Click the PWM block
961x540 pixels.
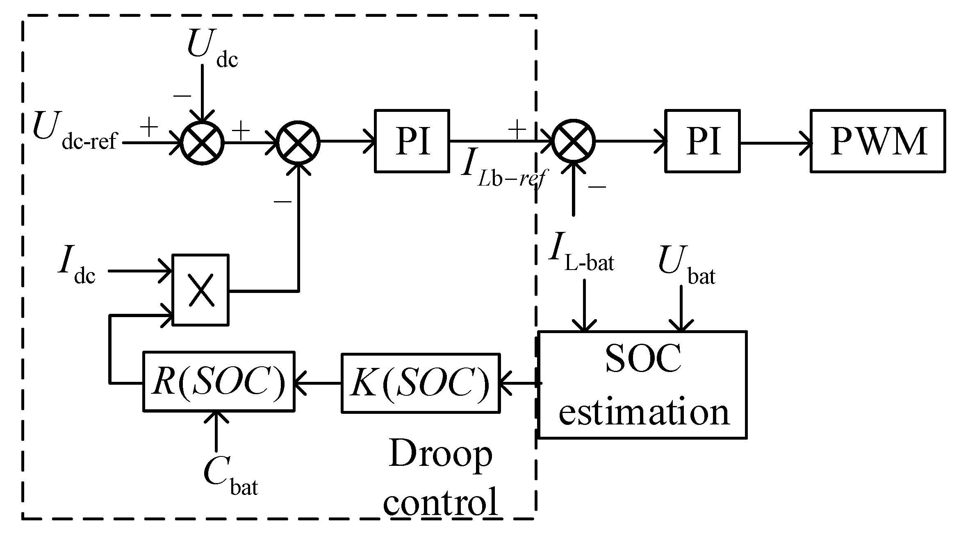[x=878, y=141]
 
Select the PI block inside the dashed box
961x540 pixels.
[x=412, y=141]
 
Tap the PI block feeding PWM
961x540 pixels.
[x=702, y=141]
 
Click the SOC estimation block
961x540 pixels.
[x=642, y=385]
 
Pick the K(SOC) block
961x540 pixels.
[x=420, y=383]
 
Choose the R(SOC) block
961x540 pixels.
[x=219, y=381]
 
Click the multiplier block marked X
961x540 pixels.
[x=200, y=290]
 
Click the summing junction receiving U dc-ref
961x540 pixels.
[x=203, y=143]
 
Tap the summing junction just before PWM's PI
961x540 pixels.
[x=574, y=141]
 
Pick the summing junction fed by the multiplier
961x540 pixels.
[x=298, y=142]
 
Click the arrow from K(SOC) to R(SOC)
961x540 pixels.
[x=318, y=383]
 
